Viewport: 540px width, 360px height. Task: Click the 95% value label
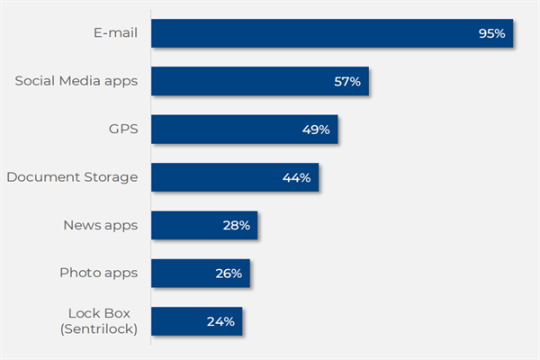(492, 33)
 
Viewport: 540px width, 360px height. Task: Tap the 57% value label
(346, 82)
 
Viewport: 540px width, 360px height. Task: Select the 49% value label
(316, 130)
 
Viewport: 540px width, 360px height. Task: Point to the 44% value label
(296, 177)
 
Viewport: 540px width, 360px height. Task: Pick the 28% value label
(236, 225)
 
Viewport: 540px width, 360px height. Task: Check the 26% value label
(229, 273)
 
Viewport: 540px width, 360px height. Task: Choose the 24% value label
(220, 321)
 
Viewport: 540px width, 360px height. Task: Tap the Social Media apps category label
(76, 81)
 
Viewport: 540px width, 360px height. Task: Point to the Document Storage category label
(72, 177)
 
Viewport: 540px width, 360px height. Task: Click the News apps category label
(100, 225)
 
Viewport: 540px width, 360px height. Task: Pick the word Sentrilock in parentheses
(100, 329)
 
